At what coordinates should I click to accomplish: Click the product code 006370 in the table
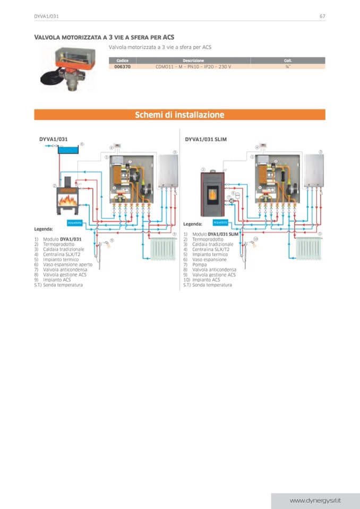pyautogui.click(x=122, y=67)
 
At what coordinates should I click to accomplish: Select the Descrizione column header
pyautogui.click(x=193, y=61)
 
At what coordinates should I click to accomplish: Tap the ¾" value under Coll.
pyautogui.click(x=288, y=67)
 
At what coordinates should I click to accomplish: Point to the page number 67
pyautogui.click(x=322, y=16)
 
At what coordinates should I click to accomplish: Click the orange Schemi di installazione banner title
pyautogui.click(x=179, y=115)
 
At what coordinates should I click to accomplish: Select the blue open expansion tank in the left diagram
pyautogui.click(x=68, y=151)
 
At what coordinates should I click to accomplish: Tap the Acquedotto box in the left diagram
pyautogui.click(x=74, y=222)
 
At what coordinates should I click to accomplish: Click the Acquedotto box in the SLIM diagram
pyautogui.click(x=220, y=222)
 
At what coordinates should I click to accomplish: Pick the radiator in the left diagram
pyautogui.click(x=164, y=249)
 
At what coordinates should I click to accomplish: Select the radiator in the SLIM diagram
pyautogui.click(x=309, y=248)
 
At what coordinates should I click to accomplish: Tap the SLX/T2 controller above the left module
pyautogui.click(x=117, y=145)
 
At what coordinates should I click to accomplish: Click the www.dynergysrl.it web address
pyautogui.click(x=315, y=501)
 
